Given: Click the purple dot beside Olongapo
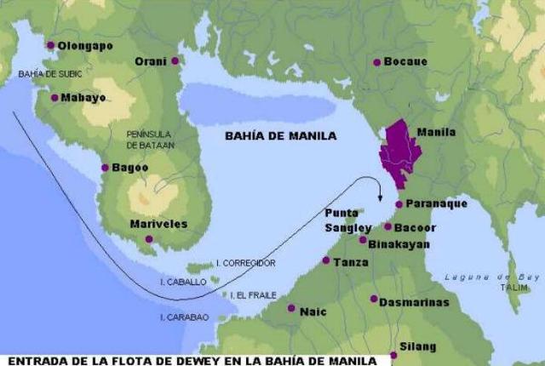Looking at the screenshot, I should click(x=50, y=45).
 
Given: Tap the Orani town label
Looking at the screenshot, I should click(x=151, y=61).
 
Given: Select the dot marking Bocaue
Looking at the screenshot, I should click(x=376, y=62).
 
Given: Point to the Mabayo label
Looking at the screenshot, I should click(x=83, y=98).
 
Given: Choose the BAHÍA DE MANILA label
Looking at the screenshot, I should click(x=280, y=135).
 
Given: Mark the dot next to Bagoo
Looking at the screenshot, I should click(x=105, y=168).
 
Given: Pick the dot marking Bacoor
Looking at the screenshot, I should click(x=387, y=226).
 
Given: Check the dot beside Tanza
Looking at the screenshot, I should click(x=325, y=260).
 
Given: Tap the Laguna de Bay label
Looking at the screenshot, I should click(x=482, y=277).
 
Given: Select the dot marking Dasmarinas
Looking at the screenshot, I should click(x=374, y=299).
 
